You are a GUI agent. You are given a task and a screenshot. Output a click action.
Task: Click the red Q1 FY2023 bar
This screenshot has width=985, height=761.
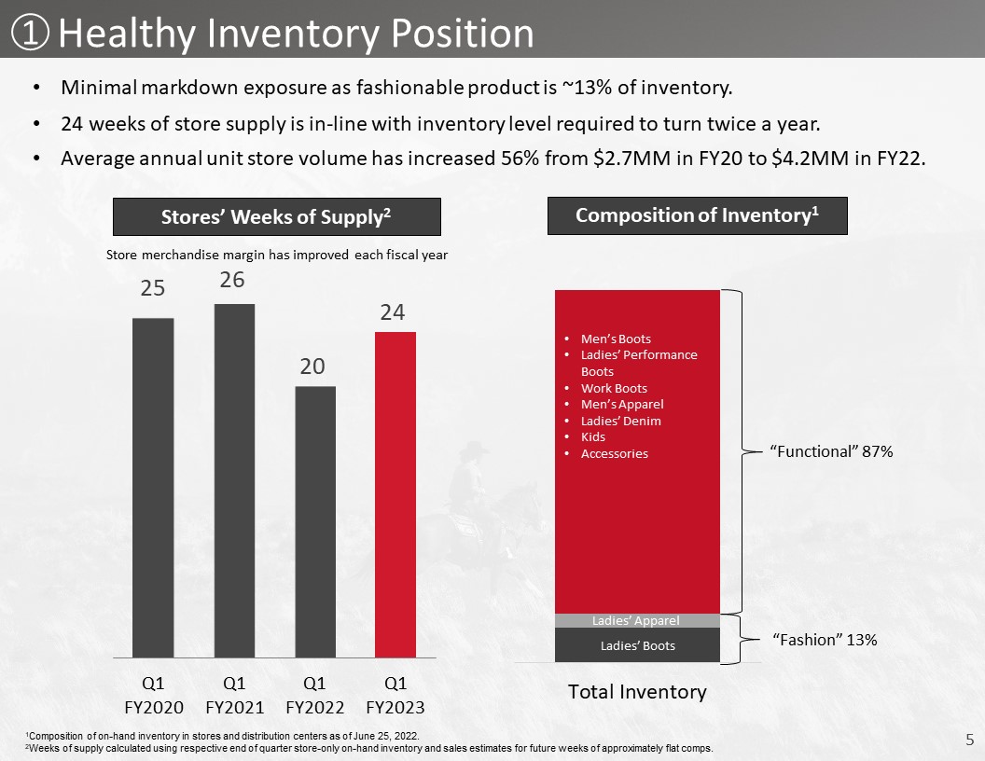coord(395,495)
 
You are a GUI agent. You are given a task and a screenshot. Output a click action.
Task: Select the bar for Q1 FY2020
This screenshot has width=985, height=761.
coord(153,488)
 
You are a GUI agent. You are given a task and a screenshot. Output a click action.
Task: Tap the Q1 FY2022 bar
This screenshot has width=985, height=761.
coord(315,521)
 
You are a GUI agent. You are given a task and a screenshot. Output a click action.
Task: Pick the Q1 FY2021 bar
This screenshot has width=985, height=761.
coord(234,481)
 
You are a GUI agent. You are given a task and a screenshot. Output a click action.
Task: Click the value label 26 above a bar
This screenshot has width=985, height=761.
coord(232,280)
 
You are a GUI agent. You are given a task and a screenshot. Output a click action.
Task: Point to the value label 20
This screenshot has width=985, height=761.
coord(312,367)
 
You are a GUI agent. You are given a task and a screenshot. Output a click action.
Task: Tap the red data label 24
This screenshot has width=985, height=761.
coord(393,312)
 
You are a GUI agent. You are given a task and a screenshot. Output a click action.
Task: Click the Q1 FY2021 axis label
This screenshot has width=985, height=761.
coord(234,695)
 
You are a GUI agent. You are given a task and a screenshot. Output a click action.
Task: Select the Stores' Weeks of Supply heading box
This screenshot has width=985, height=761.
coord(276,216)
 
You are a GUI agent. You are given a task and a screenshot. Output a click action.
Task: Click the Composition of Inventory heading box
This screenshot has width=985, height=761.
coord(698,215)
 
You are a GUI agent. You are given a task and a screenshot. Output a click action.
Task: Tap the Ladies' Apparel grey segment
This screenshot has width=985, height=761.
coord(637,620)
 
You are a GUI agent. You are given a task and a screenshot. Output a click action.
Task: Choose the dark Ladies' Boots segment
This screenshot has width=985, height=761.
coord(637,644)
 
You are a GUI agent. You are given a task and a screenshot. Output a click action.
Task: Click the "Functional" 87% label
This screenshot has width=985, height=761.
coord(831,451)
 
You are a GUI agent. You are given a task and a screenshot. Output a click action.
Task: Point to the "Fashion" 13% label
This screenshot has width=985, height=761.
coord(825,640)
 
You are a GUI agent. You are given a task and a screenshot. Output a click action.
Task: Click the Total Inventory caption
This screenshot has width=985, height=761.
coord(637,691)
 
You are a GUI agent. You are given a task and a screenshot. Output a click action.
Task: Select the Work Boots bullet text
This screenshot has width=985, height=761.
coord(614,388)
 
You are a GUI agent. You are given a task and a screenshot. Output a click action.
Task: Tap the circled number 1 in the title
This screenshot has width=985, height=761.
coord(30,34)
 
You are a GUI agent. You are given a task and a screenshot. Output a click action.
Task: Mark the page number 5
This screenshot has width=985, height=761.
coord(969,740)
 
